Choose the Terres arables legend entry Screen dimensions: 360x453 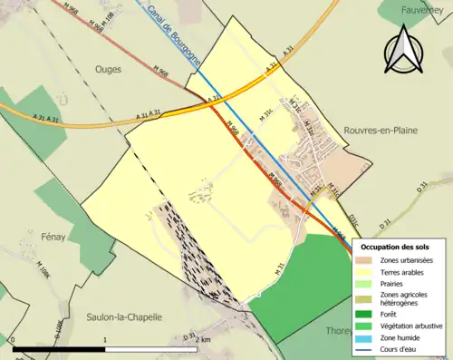[x=404, y=271]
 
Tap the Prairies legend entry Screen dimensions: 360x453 [x=396, y=283]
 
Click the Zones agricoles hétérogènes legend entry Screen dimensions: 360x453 [x=407, y=298]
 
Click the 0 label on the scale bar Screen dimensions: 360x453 [x=13, y=339]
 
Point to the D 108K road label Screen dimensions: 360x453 [x=58, y=328]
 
